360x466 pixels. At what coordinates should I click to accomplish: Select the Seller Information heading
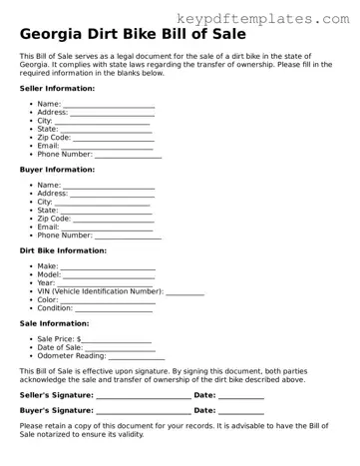click(58, 89)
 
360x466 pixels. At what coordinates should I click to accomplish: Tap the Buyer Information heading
click(57, 170)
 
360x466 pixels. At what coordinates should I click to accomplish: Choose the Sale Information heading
click(53, 323)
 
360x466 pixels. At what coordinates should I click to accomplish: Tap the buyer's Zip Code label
click(54, 219)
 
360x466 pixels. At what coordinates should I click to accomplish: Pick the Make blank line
click(109, 268)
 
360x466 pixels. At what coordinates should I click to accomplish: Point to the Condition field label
click(55, 308)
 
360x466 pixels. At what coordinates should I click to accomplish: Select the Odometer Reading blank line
click(137, 357)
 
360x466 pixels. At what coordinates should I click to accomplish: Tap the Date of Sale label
click(60, 347)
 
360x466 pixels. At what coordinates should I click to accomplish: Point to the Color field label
click(48, 299)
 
